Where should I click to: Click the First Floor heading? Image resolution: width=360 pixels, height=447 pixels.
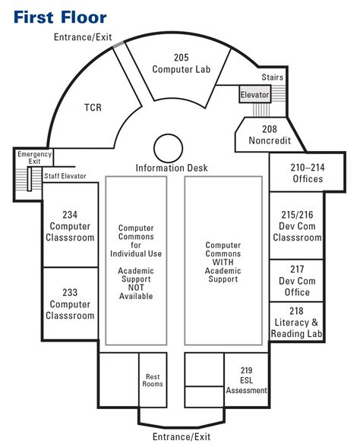pos(60,17)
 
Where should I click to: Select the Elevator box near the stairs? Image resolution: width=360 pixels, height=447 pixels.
pos(254,94)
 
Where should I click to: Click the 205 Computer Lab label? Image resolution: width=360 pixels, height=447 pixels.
pos(182,63)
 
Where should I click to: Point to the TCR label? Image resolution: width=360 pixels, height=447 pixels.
pos(93,108)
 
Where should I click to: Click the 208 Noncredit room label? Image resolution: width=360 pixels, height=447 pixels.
pos(270,134)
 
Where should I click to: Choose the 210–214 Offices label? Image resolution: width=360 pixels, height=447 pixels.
pos(308,173)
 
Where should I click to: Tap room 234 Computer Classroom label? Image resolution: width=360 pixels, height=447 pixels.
pos(70,226)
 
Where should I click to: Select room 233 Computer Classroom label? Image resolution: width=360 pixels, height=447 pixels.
pos(70,304)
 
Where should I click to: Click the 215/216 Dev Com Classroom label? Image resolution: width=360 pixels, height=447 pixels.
pos(297,226)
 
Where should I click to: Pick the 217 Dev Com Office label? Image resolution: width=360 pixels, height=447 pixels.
pos(297,281)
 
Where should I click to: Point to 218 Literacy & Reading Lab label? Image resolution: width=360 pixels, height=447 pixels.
pos(297,322)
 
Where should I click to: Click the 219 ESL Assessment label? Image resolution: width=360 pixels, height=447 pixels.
pos(247,380)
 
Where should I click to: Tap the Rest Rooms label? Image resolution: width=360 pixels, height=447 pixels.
pos(153,380)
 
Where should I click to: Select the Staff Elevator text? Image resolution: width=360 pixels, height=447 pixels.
pos(65,176)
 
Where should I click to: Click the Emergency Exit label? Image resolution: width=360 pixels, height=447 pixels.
pos(34,158)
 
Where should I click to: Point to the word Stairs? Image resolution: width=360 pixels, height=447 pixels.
pos(273,77)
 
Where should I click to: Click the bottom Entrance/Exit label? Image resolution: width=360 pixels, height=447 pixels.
pos(182,436)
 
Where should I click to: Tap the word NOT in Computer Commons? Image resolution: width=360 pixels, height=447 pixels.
pos(136,288)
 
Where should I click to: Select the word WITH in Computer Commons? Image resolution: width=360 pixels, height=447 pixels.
pos(223,262)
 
